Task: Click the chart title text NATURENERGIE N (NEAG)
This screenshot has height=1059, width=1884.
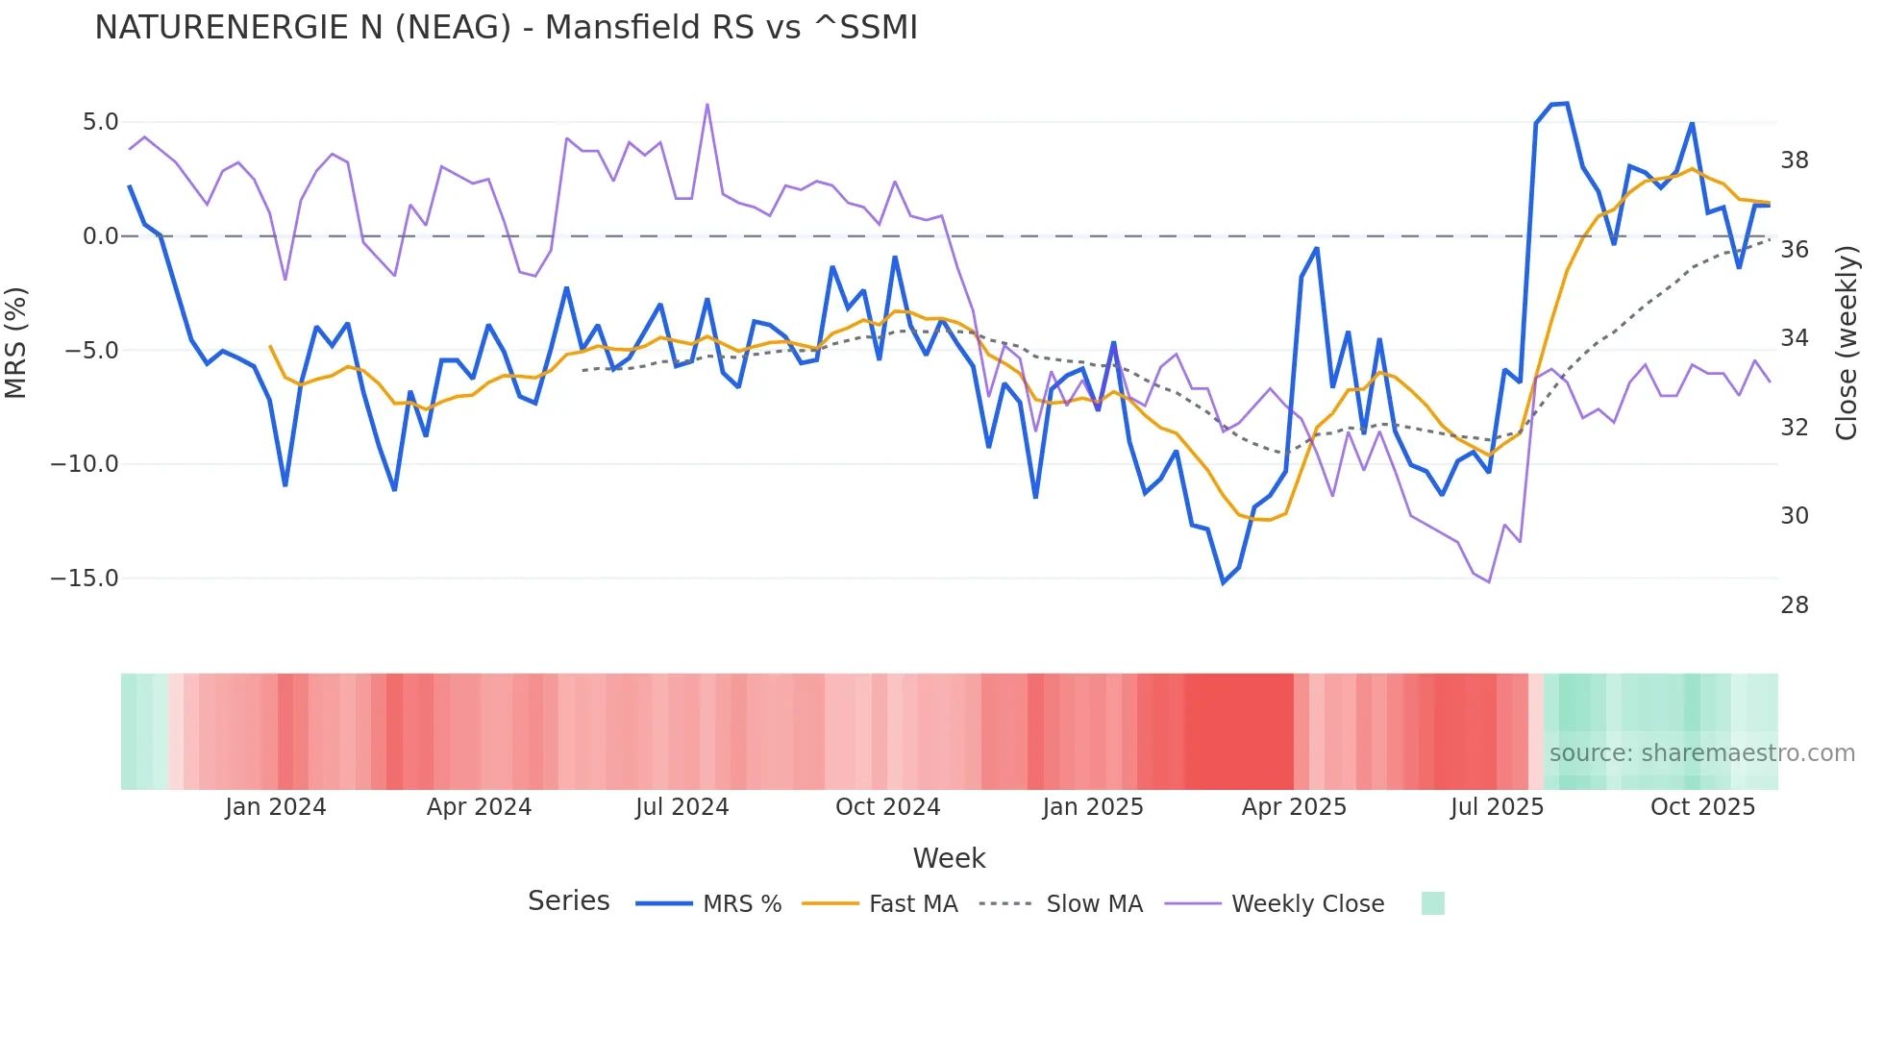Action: (x=506, y=28)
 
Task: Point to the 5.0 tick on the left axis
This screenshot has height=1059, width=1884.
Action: (x=100, y=122)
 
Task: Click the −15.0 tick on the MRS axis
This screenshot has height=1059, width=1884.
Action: (x=85, y=579)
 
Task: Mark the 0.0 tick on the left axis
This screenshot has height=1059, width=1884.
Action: (x=100, y=236)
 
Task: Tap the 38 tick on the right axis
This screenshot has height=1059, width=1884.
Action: (x=1794, y=160)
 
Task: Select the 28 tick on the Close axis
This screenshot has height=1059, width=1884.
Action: (x=1794, y=605)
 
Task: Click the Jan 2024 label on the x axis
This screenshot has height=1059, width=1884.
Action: (x=276, y=807)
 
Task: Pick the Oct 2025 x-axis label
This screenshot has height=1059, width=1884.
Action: (x=1702, y=807)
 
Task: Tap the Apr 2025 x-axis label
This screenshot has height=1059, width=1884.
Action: (x=1294, y=807)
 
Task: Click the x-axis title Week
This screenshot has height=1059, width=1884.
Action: (x=949, y=858)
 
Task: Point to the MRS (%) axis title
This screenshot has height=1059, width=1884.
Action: (x=16, y=342)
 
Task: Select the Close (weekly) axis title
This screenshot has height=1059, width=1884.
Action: (x=1846, y=343)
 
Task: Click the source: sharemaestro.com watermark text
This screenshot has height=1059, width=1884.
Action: (x=1701, y=753)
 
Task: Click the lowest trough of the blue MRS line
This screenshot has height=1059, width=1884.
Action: (x=1224, y=582)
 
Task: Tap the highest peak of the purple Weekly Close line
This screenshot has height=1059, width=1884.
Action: (x=707, y=105)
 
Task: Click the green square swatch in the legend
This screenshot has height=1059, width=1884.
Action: (x=1432, y=903)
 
